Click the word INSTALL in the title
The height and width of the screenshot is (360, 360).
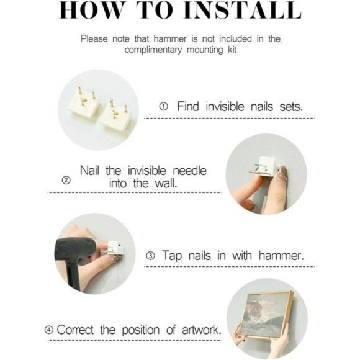pyautogui.click(x=243, y=11)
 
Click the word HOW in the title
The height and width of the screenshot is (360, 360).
pyautogui.click(x=91, y=11)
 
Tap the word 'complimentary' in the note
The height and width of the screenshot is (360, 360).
pyautogui.click(x=153, y=50)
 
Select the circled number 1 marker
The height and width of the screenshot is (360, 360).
pyautogui.click(x=163, y=107)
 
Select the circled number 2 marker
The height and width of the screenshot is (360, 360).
pyautogui.click(x=66, y=180)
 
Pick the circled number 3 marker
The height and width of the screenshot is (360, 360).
pyautogui.click(x=150, y=256)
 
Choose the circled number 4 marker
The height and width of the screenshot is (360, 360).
pyautogui.click(x=49, y=330)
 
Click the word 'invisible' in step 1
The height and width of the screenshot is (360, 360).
pyautogui.click(x=225, y=107)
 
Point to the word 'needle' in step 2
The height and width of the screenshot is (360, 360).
pyautogui.click(x=190, y=171)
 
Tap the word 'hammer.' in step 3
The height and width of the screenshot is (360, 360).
pyautogui.click(x=281, y=256)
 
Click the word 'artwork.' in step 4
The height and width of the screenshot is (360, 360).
pyautogui.click(x=201, y=330)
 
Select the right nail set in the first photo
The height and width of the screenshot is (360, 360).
pyautogui.click(x=114, y=119)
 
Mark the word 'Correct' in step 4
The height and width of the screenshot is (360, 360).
pyautogui.click(x=75, y=330)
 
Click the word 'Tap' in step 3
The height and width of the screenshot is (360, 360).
pyautogui.click(x=171, y=256)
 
